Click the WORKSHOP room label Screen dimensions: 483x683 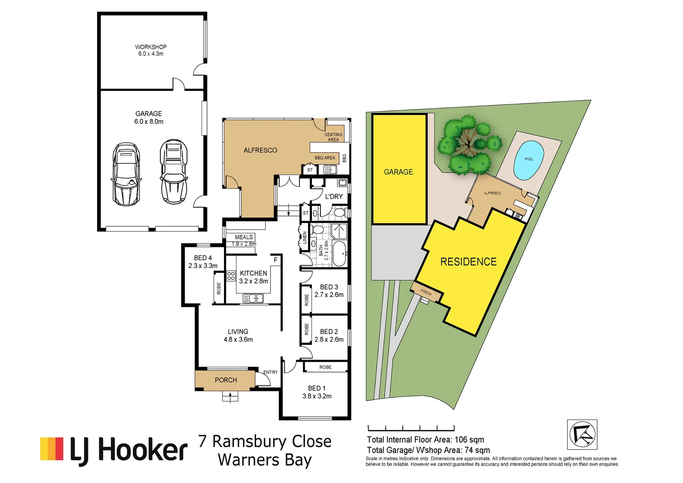point(151,47)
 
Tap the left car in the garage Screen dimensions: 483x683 point(126,174)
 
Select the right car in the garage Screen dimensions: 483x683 point(174,172)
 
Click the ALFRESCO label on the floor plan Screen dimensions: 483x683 point(260,150)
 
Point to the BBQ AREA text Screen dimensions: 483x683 point(325,158)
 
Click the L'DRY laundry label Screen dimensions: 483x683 point(334,196)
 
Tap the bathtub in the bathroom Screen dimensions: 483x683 point(339,254)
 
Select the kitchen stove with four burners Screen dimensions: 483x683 point(231,275)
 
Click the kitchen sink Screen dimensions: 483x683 point(253,298)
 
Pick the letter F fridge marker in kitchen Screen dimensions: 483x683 point(275,260)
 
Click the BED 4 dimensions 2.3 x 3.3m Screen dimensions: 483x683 point(203,266)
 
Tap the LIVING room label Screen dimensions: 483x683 point(238,331)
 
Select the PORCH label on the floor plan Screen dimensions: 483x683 point(226,380)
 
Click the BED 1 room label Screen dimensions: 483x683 point(316,388)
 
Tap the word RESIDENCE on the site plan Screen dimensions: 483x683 point(468,262)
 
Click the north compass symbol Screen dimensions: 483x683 point(582,434)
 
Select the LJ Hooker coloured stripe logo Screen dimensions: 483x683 point(52,449)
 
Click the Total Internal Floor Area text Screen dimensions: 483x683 point(425,440)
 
